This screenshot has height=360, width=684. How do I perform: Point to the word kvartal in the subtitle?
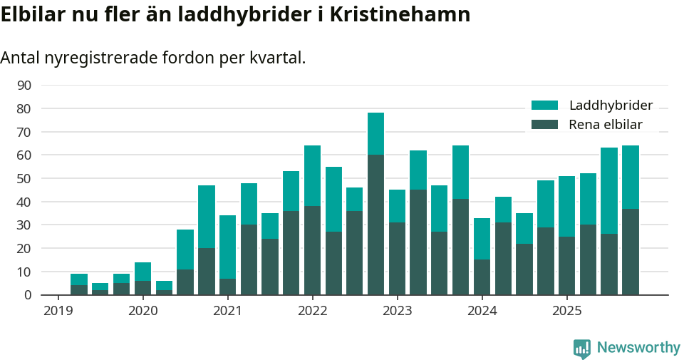click(x=279, y=58)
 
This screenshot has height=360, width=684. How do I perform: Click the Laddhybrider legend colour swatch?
click(x=545, y=106)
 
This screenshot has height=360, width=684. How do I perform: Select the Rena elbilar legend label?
click(x=606, y=125)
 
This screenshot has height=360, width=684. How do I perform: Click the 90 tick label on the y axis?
click(x=24, y=86)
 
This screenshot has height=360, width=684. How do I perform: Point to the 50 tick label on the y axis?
click(x=24, y=178)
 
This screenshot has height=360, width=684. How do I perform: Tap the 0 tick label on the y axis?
click(x=28, y=295)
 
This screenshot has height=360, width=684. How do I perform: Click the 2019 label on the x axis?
click(x=58, y=311)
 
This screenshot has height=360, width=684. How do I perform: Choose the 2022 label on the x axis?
click(x=312, y=311)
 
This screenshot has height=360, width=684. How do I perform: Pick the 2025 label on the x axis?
click(x=566, y=311)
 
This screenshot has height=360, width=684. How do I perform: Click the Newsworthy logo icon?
click(x=582, y=349)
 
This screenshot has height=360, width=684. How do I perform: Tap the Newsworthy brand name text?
click(x=638, y=348)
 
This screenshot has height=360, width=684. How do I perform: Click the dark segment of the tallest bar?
click(x=375, y=225)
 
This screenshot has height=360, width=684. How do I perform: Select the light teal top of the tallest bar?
click(x=375, y=134)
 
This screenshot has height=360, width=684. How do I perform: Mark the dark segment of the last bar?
click(x=630, y=252)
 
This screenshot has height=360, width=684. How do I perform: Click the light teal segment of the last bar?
click(x=630, y=177)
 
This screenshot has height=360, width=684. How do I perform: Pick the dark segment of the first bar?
click(x=79, y=290)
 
